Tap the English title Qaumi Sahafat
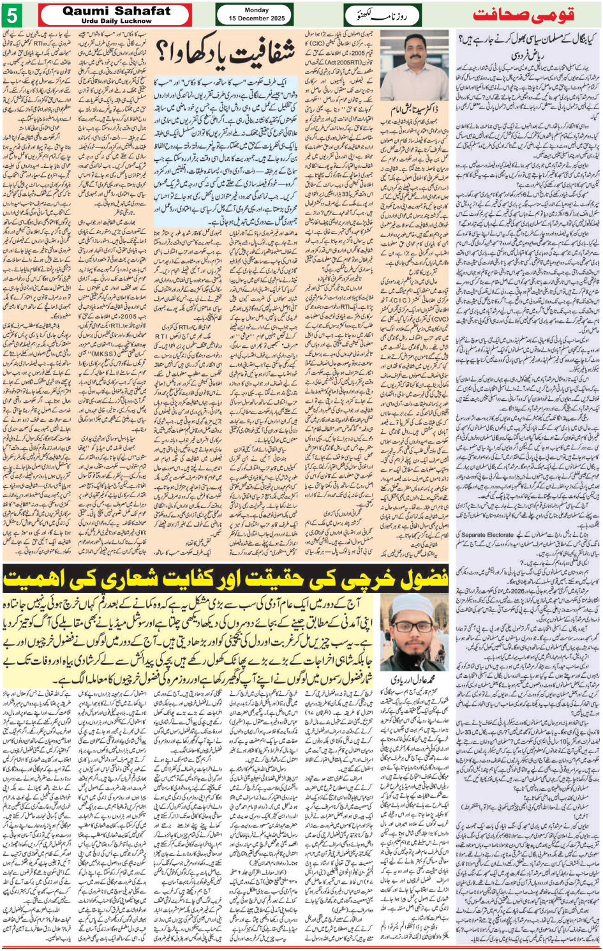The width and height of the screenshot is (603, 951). [117, 11]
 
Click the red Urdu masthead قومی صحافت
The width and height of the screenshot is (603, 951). [523, 15]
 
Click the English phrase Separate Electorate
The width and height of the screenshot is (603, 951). [488, 535]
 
